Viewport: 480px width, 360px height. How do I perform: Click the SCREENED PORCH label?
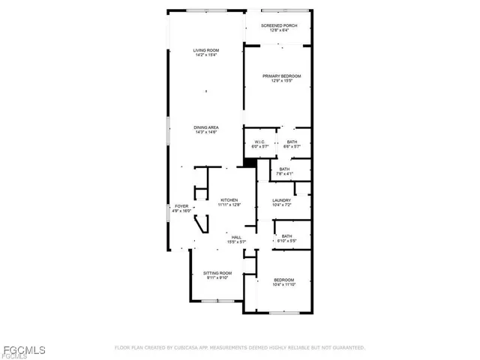279,26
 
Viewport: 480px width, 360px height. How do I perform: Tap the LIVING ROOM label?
205,50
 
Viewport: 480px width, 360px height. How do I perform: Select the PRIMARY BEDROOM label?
281,76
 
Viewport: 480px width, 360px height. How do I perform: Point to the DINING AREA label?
206,127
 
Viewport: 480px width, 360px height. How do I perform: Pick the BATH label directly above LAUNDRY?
284,169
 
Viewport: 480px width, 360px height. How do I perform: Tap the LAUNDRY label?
281,199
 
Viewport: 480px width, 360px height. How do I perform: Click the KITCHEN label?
229,199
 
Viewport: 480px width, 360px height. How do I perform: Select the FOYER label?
181,206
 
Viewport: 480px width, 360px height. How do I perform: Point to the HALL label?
236,237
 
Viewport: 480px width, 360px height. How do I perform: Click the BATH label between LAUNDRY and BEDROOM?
286,236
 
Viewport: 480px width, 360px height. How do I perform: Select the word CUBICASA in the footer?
190,348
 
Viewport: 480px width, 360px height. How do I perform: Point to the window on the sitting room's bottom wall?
217,301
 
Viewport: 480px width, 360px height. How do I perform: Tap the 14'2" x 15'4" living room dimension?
205,55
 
